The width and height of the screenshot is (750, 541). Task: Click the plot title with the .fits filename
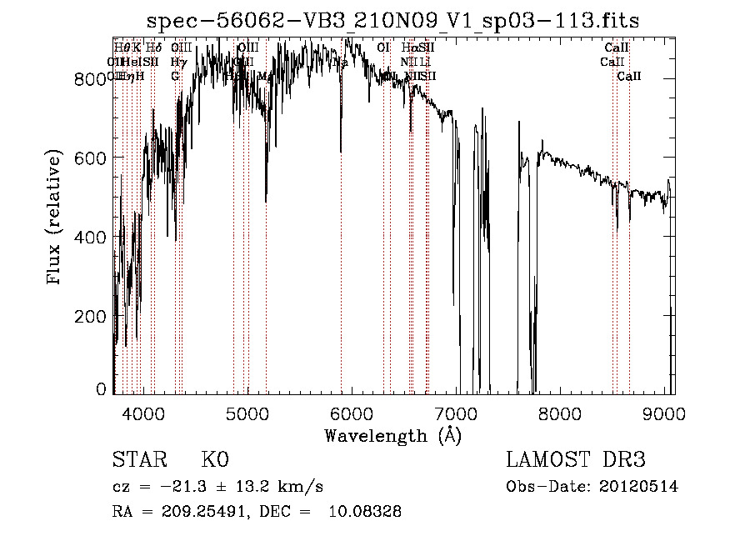point(392,22)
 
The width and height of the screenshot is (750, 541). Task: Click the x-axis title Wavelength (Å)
point(392,435)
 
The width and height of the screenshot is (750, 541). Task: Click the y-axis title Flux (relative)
point(56,218)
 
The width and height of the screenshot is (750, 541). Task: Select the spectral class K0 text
point(214,460)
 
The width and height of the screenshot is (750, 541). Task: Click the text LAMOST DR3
point(576,460)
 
